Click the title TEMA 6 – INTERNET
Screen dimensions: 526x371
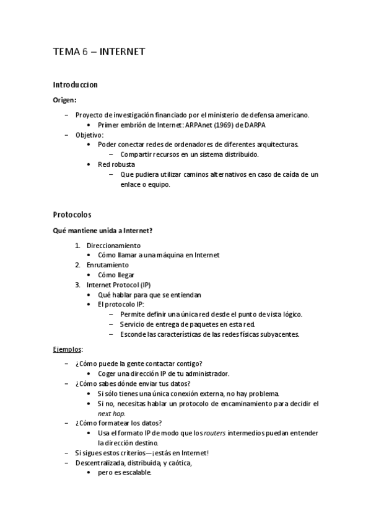click(99, 52)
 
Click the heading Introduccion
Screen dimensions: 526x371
click(75, 84)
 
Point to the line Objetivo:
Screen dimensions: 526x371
click(89, 135)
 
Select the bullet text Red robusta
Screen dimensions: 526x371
click(116, 164)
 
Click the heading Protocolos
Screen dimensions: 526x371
click(72, 215)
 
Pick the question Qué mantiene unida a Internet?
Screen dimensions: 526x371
click(103, 230)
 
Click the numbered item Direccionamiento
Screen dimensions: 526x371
click(113, 245)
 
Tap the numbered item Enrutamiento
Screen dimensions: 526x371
click(108, 265)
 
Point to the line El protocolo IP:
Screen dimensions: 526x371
click(121, 305)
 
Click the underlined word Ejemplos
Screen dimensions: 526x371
click(67, 349)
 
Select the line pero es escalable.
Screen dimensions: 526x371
click(124, 472)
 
